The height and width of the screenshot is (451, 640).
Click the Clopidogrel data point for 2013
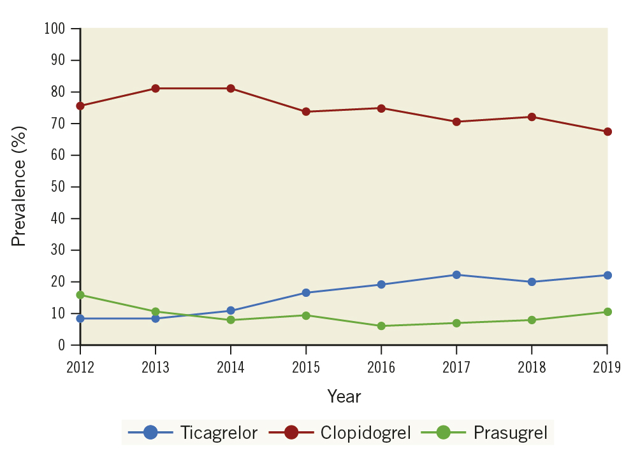(x=156, y=89)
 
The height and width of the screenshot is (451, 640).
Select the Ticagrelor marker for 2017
(x=456, y=275)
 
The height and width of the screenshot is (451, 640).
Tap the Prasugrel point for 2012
(x=80, y=295)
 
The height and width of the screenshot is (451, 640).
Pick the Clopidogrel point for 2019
(x=607, y=132)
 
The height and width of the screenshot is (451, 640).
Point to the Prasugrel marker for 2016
(x=381, y=326)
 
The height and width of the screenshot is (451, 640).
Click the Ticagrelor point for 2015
(x=306, y=292)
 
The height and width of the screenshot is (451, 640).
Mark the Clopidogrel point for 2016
(x=381, y=108)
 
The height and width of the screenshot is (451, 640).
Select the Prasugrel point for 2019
(x=607, y=311)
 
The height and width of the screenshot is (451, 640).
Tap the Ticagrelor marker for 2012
(x=80, y=319)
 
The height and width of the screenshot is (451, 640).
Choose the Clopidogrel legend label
(x=365, y=433)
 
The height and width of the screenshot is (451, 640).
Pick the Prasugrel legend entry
(x=510, y=433)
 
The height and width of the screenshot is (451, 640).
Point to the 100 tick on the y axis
(x=56, y=29)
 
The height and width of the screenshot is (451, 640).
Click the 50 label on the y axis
(x=59, y=187)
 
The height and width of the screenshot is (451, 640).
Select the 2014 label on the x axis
(x=231, y=368)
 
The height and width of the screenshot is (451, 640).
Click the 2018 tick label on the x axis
(x=532, y=368)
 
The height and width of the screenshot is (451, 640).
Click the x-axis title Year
(x=344, y=397)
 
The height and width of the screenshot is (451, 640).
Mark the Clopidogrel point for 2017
(x=456, y=122)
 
